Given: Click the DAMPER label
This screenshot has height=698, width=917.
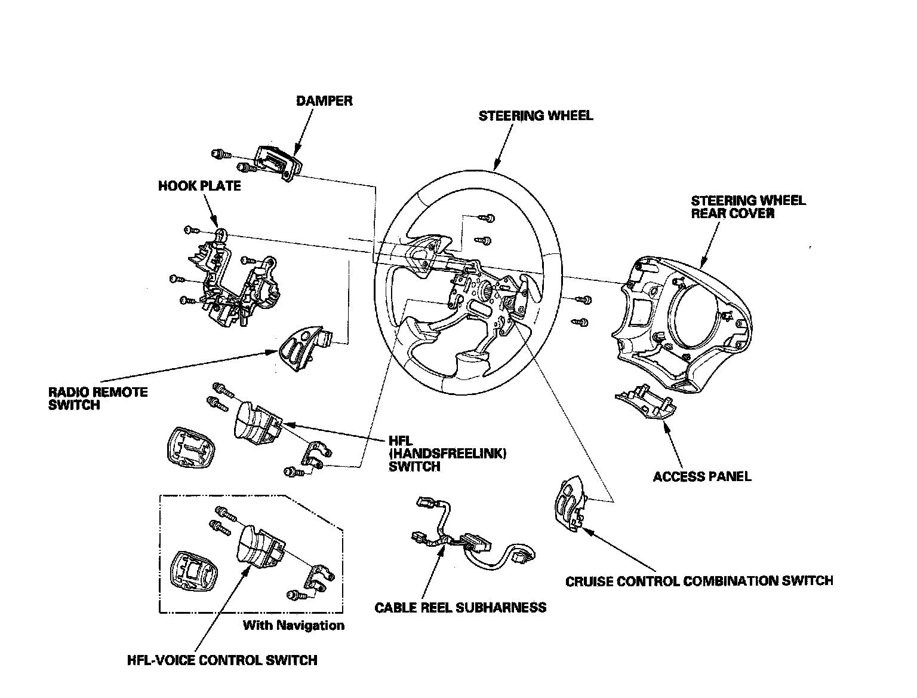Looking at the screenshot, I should coord(324,100).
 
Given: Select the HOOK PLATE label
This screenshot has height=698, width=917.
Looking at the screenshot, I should coord(199,186).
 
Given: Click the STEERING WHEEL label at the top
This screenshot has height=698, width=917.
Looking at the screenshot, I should coord(536,115).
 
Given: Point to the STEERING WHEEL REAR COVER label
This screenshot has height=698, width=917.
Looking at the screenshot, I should coord(748,207).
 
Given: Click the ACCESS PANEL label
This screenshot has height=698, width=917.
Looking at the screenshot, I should coord(701,476).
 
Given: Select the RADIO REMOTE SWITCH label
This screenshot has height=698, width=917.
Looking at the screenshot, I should coord(98,399).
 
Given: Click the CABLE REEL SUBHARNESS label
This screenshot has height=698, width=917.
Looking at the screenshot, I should coord(460,608).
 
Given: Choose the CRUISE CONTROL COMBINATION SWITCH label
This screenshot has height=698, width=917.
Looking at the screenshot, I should coord(698,580).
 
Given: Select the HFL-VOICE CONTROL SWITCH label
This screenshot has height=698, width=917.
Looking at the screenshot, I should coord(222,660).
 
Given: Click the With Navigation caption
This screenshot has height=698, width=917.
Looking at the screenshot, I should coord(293,626).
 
